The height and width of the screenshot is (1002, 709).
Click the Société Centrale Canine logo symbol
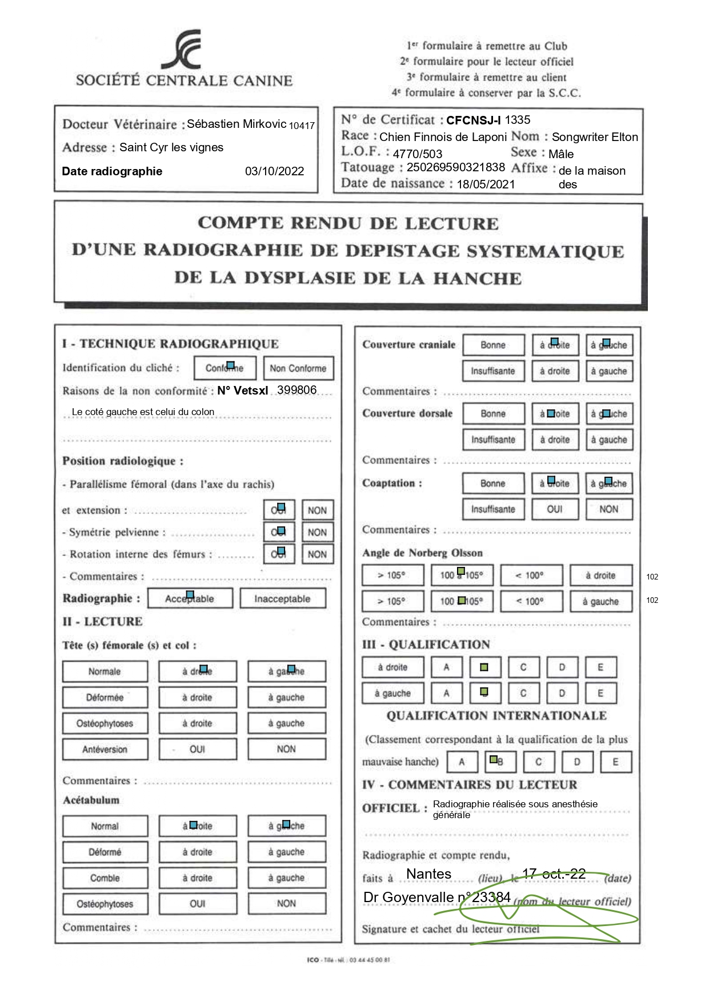(x=182, y=50)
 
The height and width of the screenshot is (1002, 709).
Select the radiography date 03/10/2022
(x=274, y=171)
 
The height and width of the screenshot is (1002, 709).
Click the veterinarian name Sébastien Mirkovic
(x=237, y=124)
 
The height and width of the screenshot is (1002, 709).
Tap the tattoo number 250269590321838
(x=455, y=167)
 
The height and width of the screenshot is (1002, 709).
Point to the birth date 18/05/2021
(x=486, y=184)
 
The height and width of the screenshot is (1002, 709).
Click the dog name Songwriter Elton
(x=595, y=137)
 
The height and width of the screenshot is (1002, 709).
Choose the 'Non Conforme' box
(x=298, y=368)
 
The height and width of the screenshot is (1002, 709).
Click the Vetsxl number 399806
(x=297, y=390)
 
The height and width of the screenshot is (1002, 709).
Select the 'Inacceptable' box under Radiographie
(x=282, y=598)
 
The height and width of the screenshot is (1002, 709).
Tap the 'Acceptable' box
(x=190, y=598)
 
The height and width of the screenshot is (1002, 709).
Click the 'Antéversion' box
(x=105, y=749)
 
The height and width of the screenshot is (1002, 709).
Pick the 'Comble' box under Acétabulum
(x=105, y=878)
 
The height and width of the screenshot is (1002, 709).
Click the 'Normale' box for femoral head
(x=105, y=671)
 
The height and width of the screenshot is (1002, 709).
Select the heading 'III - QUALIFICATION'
(x=426, y=645)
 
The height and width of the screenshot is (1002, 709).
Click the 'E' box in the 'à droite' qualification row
(x=600, y=667)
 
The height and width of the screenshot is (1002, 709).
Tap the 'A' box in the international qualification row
(x=462, y=762)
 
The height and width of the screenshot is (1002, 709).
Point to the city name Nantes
(x=428, y=874)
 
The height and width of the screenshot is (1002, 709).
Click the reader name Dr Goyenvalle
(x=408, y=897)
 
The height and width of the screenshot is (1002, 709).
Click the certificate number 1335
(x=518, y=120)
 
